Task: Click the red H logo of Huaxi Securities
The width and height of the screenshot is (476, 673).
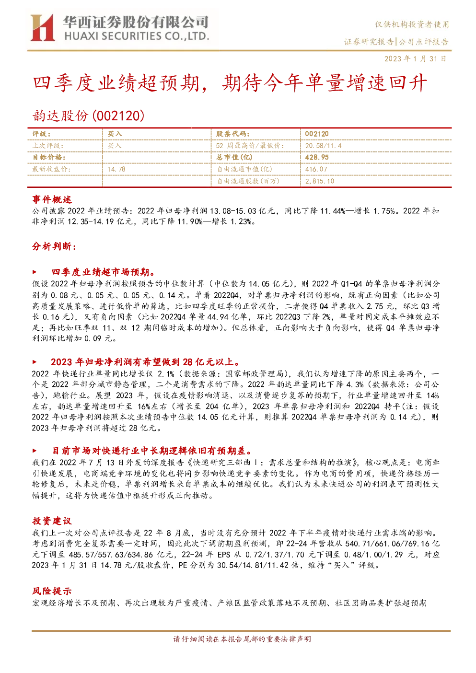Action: [x=42, y=27]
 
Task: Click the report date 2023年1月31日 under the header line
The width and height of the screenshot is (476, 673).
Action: [x=415, y=58]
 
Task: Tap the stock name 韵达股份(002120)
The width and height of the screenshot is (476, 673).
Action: [x=88, y=116]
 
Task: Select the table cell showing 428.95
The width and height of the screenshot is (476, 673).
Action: [x=317, y=157]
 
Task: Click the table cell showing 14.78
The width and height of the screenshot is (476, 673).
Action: [x=116, y=169]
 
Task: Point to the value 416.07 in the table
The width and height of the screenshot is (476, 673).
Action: [x=316, y=169]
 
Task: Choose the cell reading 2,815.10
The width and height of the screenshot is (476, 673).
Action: [x=319, y=181]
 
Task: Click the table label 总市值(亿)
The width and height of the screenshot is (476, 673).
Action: [x=234, y=157]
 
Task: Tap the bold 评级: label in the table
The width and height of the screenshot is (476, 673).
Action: [x=42, y=134]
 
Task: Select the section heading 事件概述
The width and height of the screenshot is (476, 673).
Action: [x=52, y=199]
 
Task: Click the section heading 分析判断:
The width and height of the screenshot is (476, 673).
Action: [x=54, y=246]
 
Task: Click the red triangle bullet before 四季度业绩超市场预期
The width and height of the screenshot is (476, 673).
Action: [x=35, y=272]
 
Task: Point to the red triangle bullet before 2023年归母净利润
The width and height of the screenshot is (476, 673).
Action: [x=35, y=362]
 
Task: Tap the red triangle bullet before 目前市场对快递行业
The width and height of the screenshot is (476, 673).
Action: [x=35, y=451]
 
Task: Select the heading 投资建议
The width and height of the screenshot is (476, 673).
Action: [x=52, y=521]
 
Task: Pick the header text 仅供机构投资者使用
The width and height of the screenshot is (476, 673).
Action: [x=412, y=24]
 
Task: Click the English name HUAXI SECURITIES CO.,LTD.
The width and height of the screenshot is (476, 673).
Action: [x=137, y=36]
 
